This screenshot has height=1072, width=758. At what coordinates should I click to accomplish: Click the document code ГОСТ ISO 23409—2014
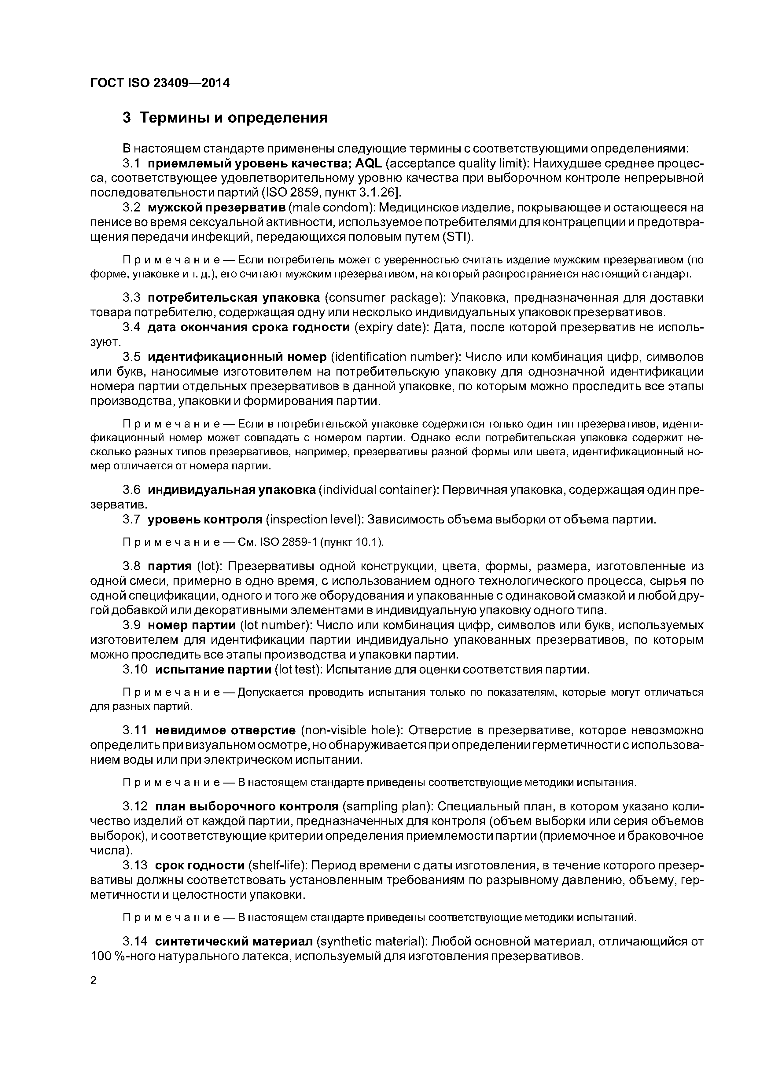click(160, 83)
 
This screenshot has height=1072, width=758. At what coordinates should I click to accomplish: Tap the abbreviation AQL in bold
click(369, 163)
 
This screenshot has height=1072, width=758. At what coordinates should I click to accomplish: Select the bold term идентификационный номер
click(237, 357)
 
